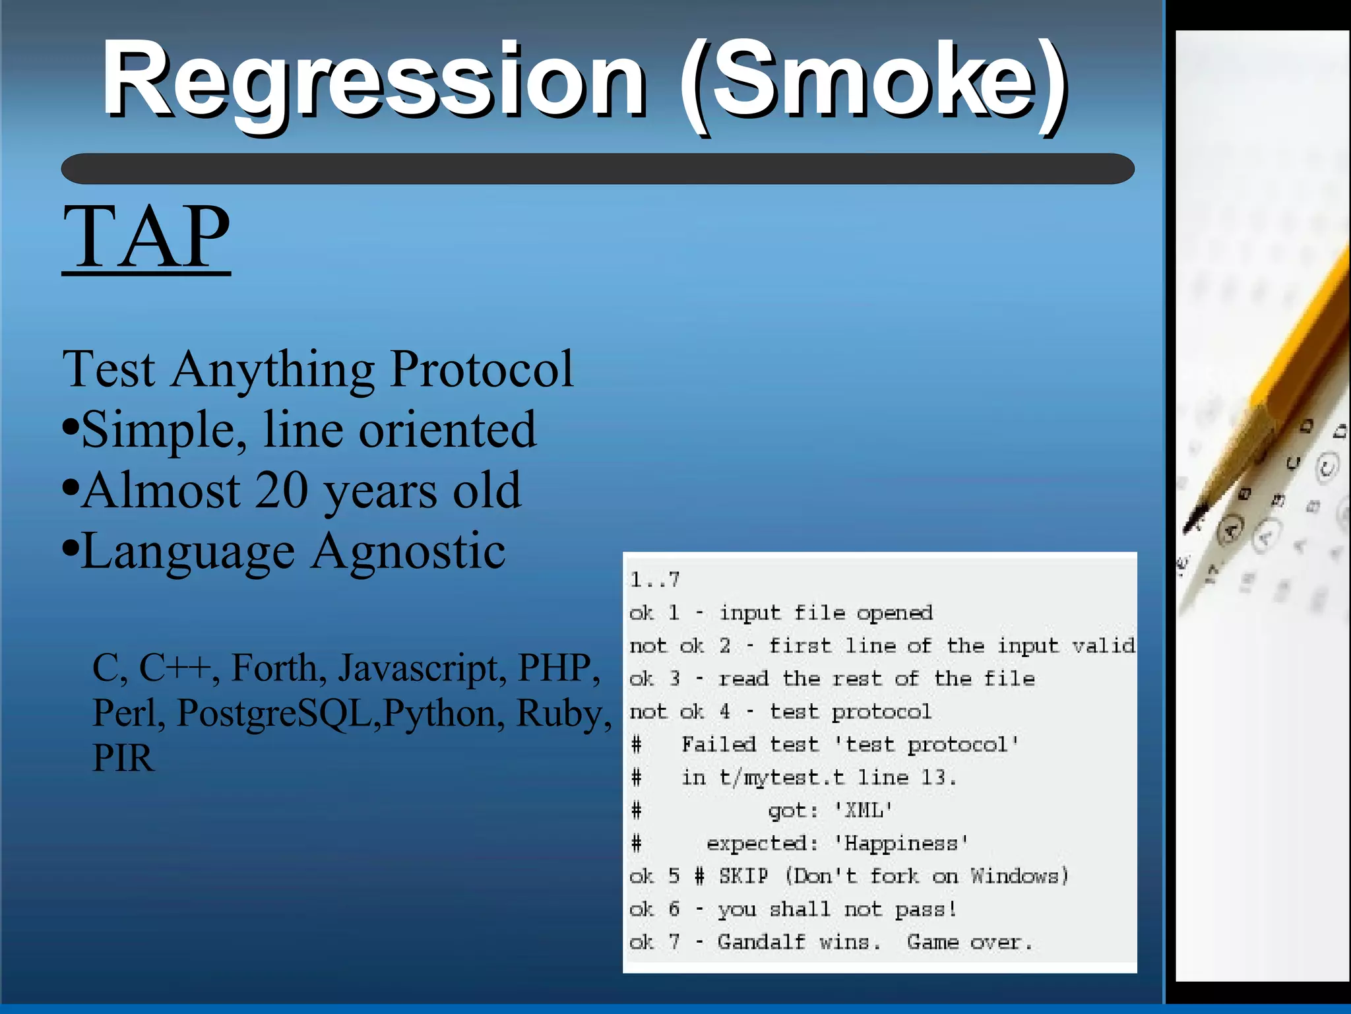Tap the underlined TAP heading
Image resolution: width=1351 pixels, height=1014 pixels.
click(x=146, y=238)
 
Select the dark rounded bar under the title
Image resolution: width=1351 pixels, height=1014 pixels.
click(x=597, y=169)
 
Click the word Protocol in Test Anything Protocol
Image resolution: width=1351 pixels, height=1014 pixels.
click(x=482, y=369)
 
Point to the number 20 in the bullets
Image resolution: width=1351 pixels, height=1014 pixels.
click(x=282, y=491)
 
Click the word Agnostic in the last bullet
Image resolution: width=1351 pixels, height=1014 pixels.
click(x=408, y=552)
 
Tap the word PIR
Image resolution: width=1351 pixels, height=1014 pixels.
click(x=123, y=759)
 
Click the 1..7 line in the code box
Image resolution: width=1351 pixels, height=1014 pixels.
click(x=654, y=580)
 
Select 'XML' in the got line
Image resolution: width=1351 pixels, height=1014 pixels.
click(x=864, y=810)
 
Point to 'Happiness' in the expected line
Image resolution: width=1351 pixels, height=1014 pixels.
click(x=900, y=843)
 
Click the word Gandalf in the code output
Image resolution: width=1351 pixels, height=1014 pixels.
click(x=761, y=942)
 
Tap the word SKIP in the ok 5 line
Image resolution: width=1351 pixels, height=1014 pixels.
click(x=743, y=876)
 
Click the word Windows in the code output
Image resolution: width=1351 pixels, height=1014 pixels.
click(x=1018, y=876)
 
